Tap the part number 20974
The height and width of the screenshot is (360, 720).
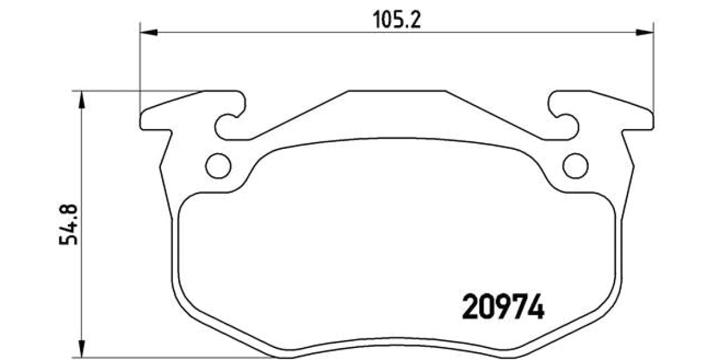click(x=503, y=308)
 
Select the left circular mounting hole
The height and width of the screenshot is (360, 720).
click(x=218, y=166)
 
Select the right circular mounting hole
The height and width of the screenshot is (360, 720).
click(x=575, y=166)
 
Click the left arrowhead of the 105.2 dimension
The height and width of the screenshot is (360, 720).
click(x=148, y=32)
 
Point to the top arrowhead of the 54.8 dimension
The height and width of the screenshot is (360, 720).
click(x=82, y=100)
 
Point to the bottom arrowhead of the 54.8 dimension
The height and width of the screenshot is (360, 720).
click(x=82, y=349)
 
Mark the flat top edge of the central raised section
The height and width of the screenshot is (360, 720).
click(x=397, y=92)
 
